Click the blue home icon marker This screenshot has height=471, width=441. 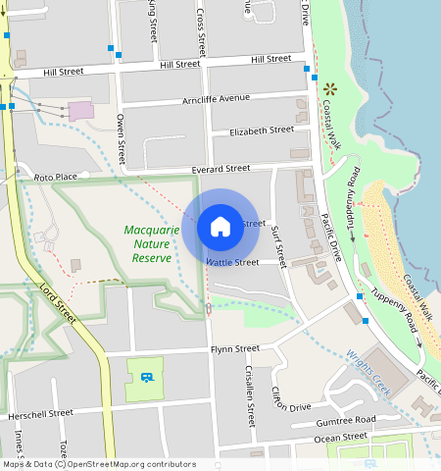click(x=220, y=227)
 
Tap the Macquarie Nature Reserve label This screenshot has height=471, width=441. click(x=152, y=244)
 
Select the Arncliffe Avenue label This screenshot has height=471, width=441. click(x=217, y=100)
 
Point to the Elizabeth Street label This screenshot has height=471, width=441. click(x=261, y=131)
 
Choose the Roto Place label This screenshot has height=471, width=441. click(x=55, y=178)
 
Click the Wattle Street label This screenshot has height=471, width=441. click(x=232, y=262)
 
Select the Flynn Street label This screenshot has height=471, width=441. click(x=234, y=348)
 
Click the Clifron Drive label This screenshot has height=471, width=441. click(x=291, y=399)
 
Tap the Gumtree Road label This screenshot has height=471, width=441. click(x=345, y=420)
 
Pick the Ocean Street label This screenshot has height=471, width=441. click(x=341, y=437)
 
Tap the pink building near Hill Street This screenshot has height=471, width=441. click(x=81, y=109)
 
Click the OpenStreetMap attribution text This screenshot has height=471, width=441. click(x=98, y=464)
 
